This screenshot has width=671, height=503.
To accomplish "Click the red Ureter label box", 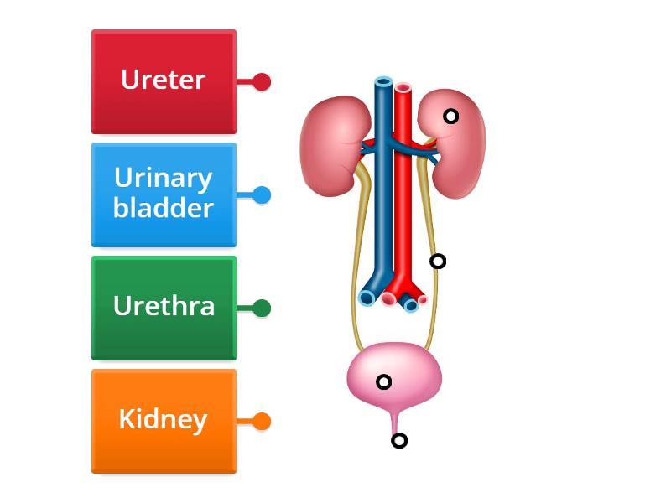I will tap(164, 81).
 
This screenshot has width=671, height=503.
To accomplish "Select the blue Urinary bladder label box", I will tap(164, 194).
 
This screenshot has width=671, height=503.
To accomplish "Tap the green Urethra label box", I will tap(164, 308).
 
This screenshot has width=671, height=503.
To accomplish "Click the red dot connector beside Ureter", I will tap(262, 81).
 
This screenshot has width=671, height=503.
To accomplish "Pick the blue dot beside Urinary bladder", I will tap(262, 195).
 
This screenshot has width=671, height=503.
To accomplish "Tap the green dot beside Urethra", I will tap(262, 308).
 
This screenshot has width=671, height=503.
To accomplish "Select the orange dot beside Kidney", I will tap(262, 421).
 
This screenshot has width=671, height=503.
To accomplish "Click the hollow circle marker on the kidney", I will tap(450, 117).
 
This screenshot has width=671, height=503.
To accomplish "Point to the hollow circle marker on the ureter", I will tap(438, 262).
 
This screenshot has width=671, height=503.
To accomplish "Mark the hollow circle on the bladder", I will tap(383, 382).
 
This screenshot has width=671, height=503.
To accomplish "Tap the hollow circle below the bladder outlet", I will tap(399, 440).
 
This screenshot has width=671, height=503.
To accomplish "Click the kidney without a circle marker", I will tap(331, 143).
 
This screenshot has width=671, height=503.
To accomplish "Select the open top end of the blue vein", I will tap(383, 82).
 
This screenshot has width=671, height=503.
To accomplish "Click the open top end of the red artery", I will tap(403, 87).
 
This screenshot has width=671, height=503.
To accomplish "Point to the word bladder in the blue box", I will tap(164, 208).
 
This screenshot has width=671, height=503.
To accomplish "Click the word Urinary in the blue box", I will tap(164, 179).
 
